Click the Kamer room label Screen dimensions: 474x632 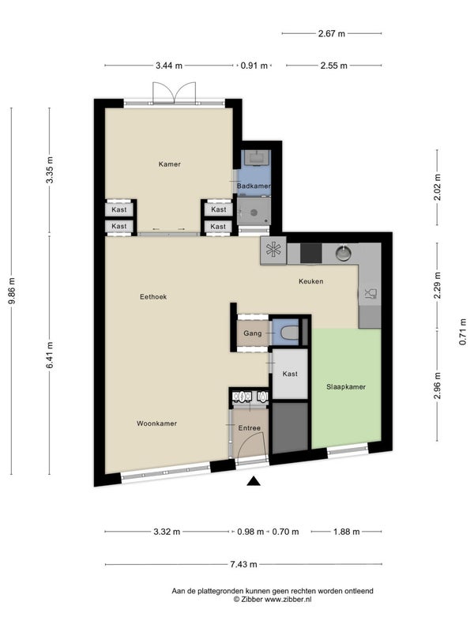tap(169, 164)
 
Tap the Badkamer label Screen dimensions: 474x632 tap(254, 186)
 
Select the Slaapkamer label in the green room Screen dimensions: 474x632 tap(346, 387)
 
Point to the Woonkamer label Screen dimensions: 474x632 tap(156, 423)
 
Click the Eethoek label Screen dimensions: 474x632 tap(153, 297)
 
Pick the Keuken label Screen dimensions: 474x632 tap(310, 281)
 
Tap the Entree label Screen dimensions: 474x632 tap(250, 428)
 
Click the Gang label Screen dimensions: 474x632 tap(252, 333)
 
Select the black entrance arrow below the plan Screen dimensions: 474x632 tap(254, 481)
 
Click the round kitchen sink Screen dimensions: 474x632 tap(344, 253)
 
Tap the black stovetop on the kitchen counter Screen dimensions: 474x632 tap(310, 254)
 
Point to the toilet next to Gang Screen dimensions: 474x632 tap(289, 333)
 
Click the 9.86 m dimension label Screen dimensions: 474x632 tap(12, 291)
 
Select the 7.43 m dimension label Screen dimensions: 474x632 tap(243, 564)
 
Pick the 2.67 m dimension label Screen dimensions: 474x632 tap(331, 33)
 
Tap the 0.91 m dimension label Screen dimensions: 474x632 tap(254, 66)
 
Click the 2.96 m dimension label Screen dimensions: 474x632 tap(438, 386)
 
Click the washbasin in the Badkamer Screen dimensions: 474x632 tap(256, 157)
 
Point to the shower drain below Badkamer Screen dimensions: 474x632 tap(254, 213)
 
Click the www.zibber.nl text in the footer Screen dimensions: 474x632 tap(288, 600)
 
